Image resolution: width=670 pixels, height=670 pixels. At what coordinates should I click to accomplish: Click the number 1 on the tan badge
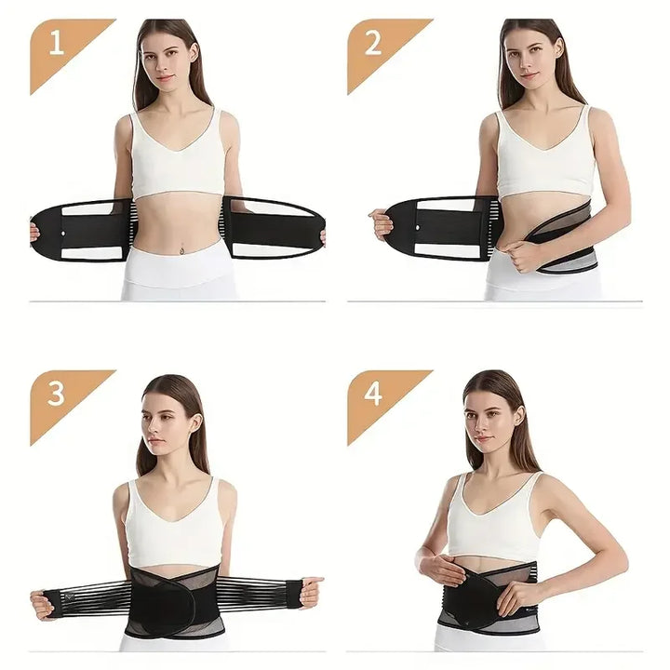pyautogui.click(x=56, y=44)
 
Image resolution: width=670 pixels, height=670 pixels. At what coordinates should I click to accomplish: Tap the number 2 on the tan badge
pyautogui.click(x=374, y=44)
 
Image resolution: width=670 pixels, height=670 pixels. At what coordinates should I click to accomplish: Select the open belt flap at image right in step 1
pyautogui.click(x=275, y=227)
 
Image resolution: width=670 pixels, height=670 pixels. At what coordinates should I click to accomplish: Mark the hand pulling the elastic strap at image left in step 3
pyautogui.click(x=42, y=603)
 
